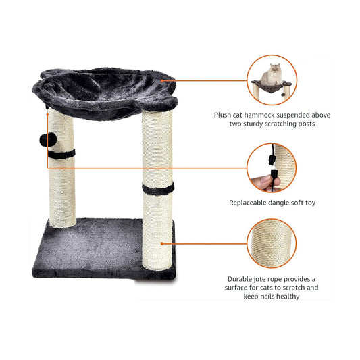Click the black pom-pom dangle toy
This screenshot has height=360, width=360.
[x=48, y=140]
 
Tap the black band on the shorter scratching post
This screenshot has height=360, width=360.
[x=61, y=153]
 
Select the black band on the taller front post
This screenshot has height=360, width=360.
[x=158, y=188]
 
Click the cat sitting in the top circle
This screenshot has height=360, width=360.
[x=272, y=74]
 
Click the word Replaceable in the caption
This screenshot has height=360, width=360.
[x=247, y=203]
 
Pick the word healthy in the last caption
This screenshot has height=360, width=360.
[x=288, y=297]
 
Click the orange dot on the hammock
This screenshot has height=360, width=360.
[x=162, y=81]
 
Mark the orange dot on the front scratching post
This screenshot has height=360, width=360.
[x=162, y=244]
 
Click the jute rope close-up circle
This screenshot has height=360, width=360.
[x=272, y=244]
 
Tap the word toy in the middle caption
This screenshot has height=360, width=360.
[x=310, y=203]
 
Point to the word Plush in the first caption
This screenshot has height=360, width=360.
[x=222, y=115]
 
